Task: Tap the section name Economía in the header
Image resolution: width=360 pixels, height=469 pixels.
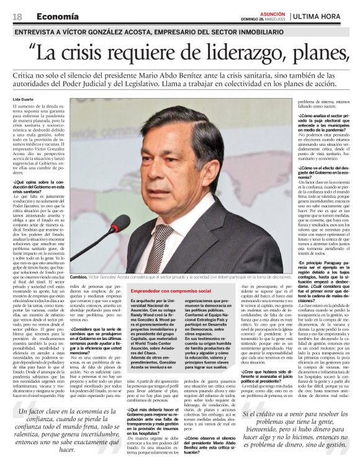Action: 57,16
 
